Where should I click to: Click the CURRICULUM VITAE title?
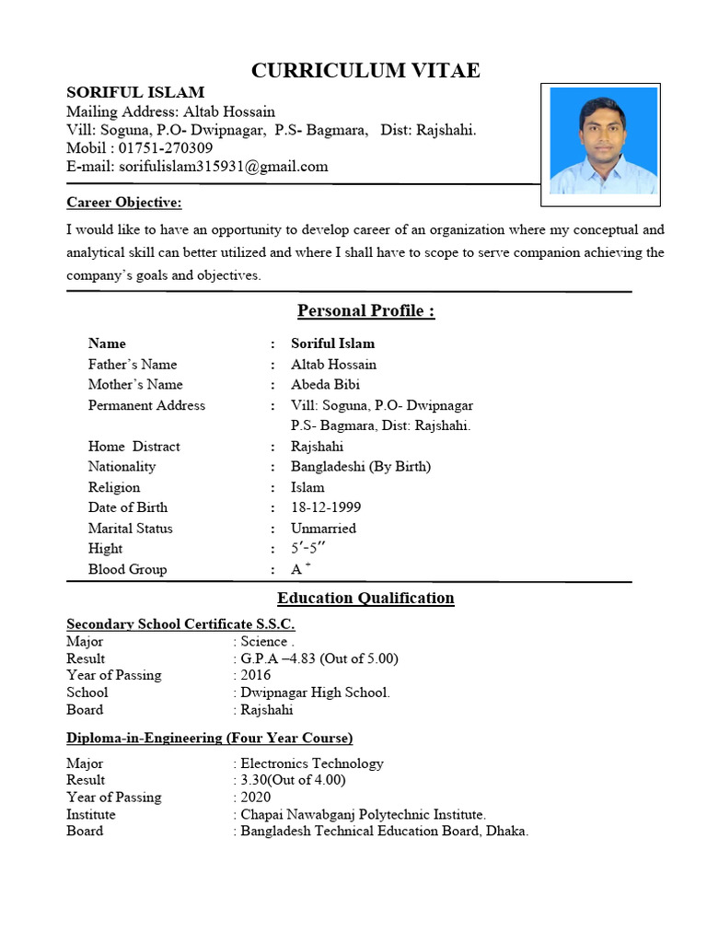point(365,71)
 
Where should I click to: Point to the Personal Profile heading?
point(365,310)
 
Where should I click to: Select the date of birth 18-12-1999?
point(326,507)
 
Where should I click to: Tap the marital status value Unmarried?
point(323,529)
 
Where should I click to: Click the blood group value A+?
point(296,569)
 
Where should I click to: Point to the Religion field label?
point(114,487)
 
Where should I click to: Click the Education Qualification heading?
point(365,598)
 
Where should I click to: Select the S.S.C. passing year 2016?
point(256,675)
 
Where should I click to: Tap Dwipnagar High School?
point(315,693)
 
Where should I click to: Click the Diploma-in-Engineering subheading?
point(209,739)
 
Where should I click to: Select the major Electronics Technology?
point(311,763)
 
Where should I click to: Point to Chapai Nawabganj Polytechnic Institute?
point(363,814)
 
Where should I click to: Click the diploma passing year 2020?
point(256,797)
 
